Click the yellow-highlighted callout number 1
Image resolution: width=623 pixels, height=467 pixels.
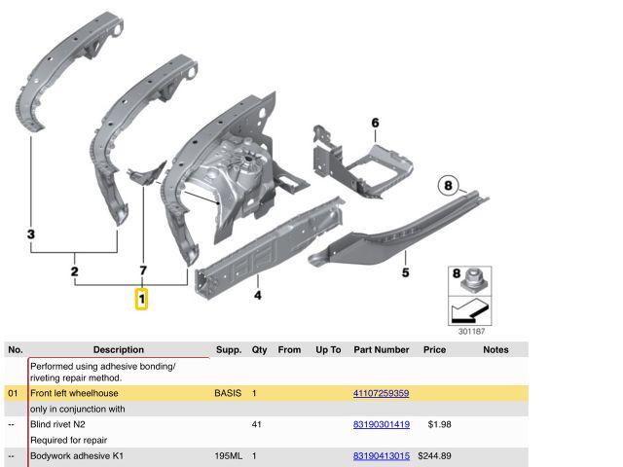(x=141, y=299)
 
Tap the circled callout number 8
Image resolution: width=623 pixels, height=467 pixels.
(x=448, y=186)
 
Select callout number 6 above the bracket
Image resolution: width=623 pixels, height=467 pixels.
(x=375, y=123)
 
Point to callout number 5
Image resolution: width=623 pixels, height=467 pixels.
(x=405, y=272)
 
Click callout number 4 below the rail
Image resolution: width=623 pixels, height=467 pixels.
(x=258, y=296)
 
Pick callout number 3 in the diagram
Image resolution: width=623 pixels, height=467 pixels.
(x=31, y=233)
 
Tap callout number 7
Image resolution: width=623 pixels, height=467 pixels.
(x=143, y=270)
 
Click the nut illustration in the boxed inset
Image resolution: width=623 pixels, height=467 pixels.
(x=474, y=280)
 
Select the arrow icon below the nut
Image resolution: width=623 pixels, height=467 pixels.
(x=470, y=310)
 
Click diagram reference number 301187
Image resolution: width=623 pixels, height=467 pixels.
(x=471, y=331)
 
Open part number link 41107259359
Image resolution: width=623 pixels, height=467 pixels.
(x=381, y=393)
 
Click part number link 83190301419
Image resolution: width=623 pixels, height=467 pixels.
(x=382, y=424)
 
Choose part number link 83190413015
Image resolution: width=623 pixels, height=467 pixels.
(x=382, y=456)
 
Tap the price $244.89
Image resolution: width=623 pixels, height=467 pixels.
(x=434, y=456)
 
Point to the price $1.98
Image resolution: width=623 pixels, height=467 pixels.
(x=439, y=424)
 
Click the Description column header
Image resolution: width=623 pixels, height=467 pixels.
(x=119, y=350)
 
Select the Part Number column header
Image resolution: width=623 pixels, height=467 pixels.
(x=382, y=350)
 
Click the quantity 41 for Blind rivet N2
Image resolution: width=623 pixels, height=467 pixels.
(x=257, y=424)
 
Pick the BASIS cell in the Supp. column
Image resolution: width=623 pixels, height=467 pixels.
(x=228, y=393)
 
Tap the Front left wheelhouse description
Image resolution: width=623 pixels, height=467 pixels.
(x=74, y=393)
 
